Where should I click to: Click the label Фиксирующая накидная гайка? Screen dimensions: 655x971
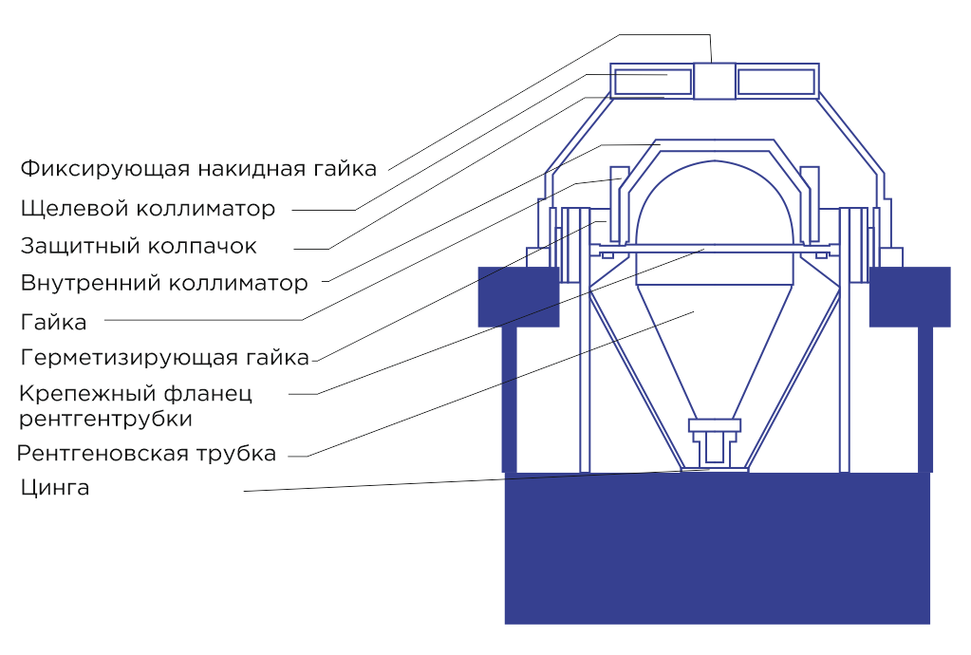coord(198,169)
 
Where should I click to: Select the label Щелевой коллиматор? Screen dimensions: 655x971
coord(148,208)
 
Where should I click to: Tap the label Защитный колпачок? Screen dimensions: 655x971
coord(139,246)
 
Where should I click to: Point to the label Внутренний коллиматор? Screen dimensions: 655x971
coord(164,283)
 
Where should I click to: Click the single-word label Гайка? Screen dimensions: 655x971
coord(53,322)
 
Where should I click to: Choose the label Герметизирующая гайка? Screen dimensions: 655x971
coord(164,358)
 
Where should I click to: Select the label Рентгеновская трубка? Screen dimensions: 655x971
coord(146,453)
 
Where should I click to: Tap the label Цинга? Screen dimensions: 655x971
coord(54,489)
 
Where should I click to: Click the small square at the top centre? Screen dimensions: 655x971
coord(714,81)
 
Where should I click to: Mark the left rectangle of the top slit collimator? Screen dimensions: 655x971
coord(653,83)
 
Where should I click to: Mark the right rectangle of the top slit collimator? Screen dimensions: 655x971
coord(775,83)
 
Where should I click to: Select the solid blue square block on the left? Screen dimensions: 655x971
coord(517,296)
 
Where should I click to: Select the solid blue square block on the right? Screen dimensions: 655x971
coord(909,296)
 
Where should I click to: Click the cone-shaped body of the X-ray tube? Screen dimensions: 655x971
coord(714,342)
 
